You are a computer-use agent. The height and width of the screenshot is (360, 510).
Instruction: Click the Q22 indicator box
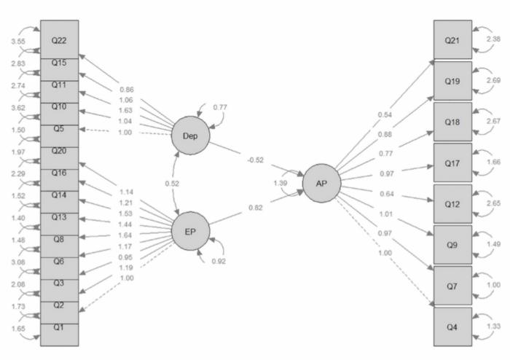point(59,39)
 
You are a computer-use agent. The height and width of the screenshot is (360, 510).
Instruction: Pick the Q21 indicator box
point(452,39)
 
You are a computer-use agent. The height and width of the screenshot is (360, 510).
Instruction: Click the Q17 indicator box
point(452,163)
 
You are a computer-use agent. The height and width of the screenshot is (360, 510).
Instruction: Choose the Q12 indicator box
point(452,203)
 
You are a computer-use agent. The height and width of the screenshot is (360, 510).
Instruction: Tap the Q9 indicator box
point(452,245)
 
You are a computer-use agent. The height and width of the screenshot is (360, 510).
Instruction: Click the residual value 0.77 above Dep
point(219,108)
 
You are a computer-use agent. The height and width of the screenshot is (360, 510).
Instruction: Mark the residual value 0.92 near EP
point(219,261)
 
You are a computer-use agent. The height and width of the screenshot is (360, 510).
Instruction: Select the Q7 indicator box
point(452,286)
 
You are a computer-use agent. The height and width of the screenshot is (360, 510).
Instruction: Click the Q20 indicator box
point(59,152)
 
